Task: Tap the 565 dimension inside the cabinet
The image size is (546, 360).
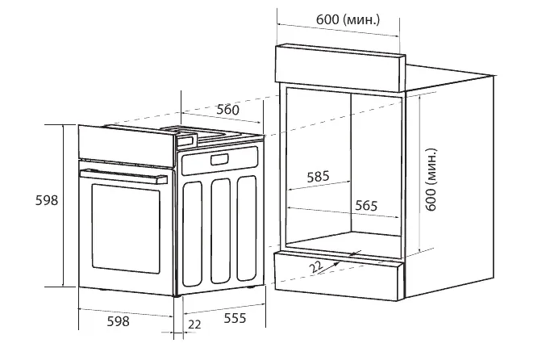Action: tap(365, 205)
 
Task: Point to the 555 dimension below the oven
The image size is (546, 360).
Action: tap(235, 320)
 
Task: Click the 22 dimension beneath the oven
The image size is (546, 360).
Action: tap(194, 324)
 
